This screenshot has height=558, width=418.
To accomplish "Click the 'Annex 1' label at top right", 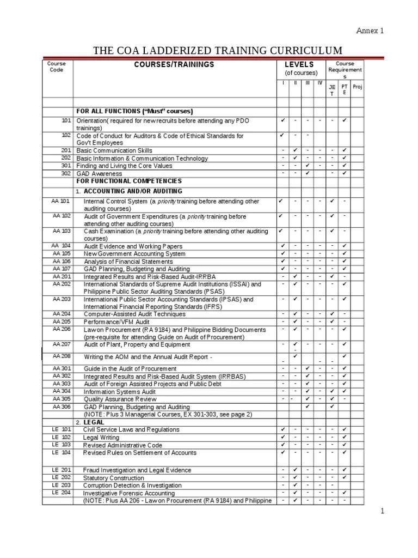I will tap(370, 31).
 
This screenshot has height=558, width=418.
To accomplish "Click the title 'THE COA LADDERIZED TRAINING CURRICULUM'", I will tap(218, 51).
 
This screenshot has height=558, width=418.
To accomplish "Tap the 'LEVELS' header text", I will tap(300, 65).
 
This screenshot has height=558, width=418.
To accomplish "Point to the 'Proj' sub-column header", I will tap(357, 87).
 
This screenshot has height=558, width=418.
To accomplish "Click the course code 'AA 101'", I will tap(62, 201).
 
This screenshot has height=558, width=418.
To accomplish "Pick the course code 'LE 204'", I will tap(62, 493).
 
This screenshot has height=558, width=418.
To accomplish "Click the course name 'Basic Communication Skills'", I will tap(114, 150).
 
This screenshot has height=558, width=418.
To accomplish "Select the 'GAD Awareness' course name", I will tap(99, 174).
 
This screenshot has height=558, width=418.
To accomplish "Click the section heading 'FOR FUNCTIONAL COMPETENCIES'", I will tap(129, 181).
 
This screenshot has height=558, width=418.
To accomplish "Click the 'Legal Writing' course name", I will tap(101, 438).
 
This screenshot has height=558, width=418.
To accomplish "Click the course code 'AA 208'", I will tap(62, 356).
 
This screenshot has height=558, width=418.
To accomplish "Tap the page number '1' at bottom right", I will tap(382, 511).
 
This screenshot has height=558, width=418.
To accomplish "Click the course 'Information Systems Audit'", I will tap(120, 391).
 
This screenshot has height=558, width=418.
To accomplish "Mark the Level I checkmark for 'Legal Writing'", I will tap(282, 437).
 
